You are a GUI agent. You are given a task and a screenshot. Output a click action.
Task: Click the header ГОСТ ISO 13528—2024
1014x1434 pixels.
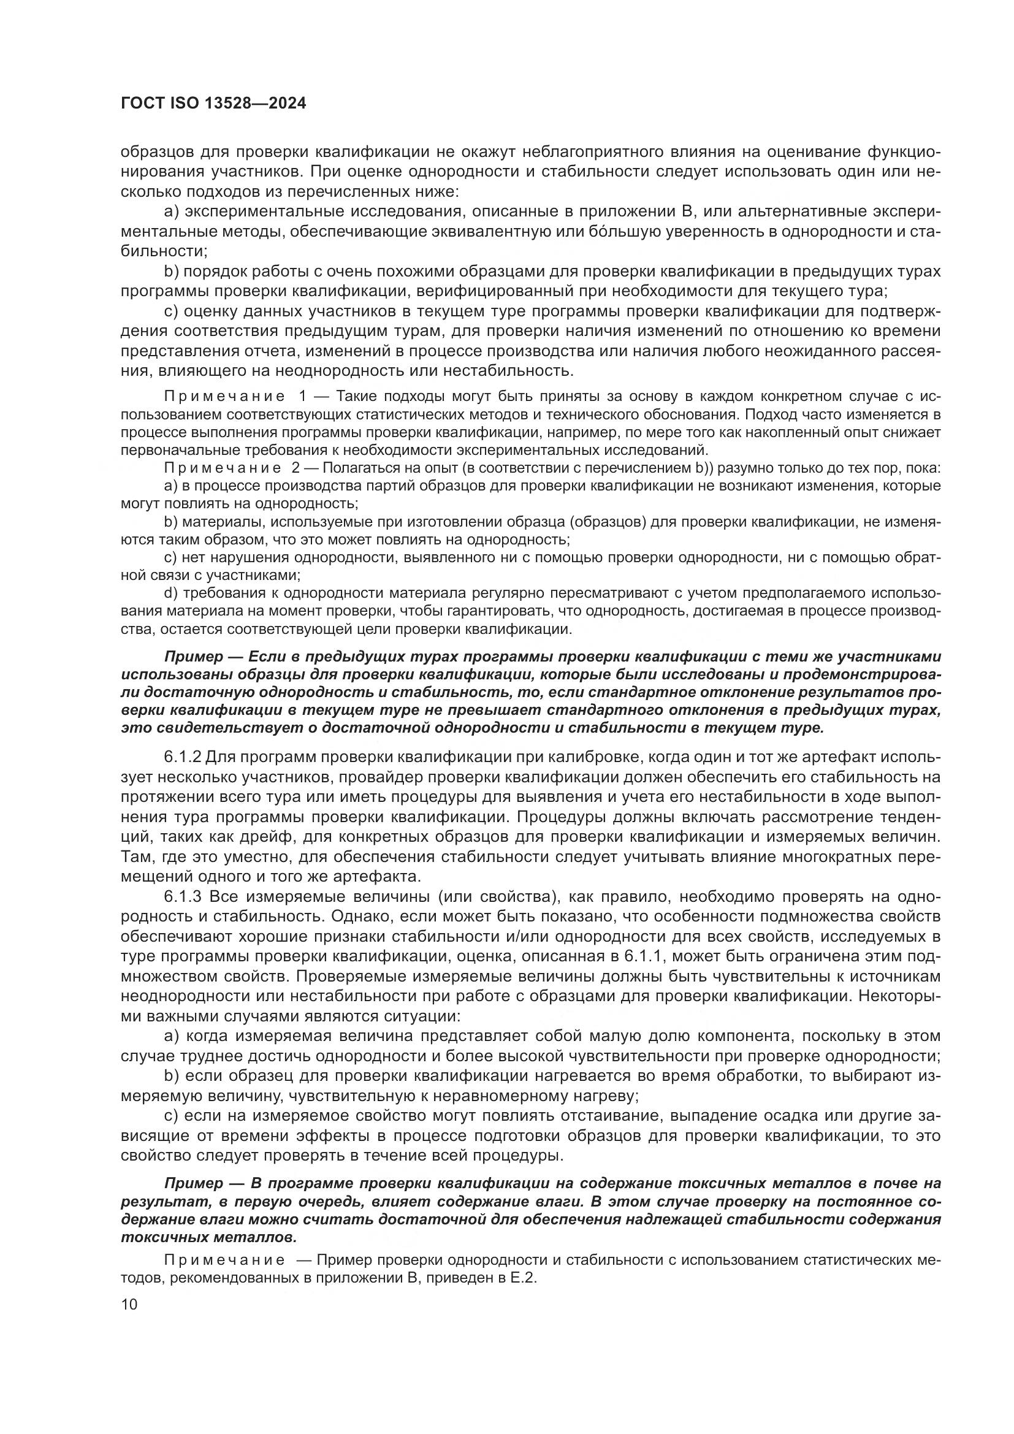(x=213, y=104)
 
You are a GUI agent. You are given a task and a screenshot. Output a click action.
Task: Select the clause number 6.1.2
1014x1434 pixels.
(x=181, y=758)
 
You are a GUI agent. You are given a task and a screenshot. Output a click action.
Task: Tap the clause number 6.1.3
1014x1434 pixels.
(x=182, y=898)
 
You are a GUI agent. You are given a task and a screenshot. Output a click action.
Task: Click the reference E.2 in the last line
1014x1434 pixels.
(x=522, y=1278)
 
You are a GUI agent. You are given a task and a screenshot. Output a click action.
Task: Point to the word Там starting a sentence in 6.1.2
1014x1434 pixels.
(x=136, y=858)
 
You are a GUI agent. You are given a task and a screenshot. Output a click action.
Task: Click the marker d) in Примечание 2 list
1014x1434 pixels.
(x=171, y=592)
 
